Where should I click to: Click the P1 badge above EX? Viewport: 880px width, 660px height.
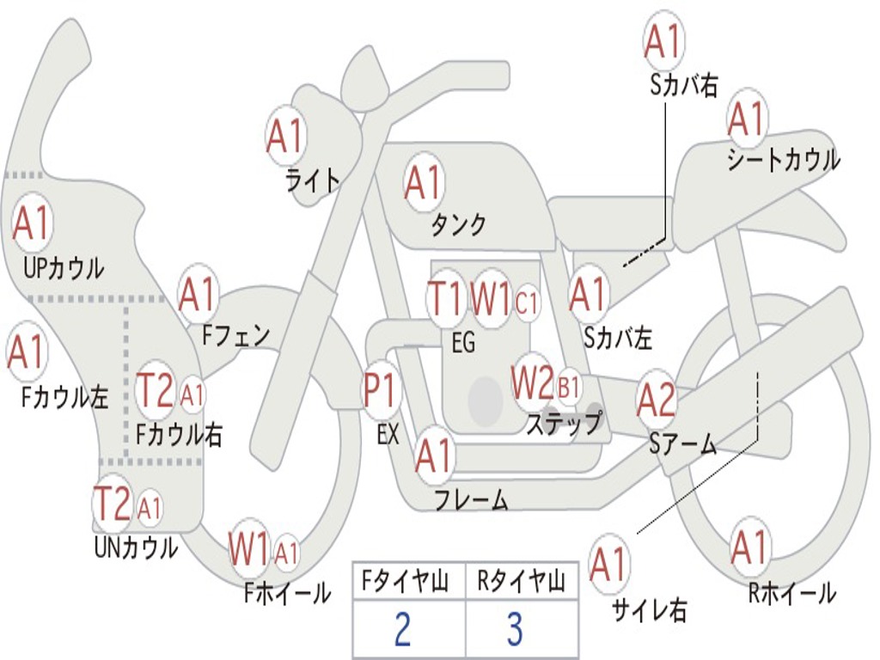pyautogui.click(x=381, y=392)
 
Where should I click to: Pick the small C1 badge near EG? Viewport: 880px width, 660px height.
pyautogui.click(x=527, y=302)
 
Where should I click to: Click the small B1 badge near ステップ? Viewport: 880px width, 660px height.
pyautogui.click(x=569, y=387)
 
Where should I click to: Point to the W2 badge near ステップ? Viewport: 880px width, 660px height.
pyautogui.click(x=533, y=383)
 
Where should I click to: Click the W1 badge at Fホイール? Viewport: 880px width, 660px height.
pyautogui.click(x=249, y=550)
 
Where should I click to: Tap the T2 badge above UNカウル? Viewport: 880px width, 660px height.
pyautogui.click(x=113, y=504)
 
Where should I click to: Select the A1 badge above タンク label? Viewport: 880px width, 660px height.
pyautogui.click(x=423, y=182)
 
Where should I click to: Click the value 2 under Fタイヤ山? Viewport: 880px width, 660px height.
pyautogui.click(x=402, y=630)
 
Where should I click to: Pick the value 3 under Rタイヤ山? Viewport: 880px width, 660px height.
pyautogui.click(x=515, y=630)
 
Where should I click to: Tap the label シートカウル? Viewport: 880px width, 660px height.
pyautogui.click(x=783, y=161)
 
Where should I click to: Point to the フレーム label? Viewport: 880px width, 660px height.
pyautogui.click(x=471, y=499)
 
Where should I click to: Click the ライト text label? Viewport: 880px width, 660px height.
pyautogui.click(x=313, y=180)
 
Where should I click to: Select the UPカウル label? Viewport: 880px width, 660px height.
pyautogui.click(x=63, y=267)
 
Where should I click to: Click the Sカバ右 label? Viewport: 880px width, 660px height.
pyautogui.click(x=684, y=85)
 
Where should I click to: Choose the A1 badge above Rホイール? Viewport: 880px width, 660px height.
pyautogui.click(x=749, y=547)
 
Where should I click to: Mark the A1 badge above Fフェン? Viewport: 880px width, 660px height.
pyautogui.click(x=199, y=295)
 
